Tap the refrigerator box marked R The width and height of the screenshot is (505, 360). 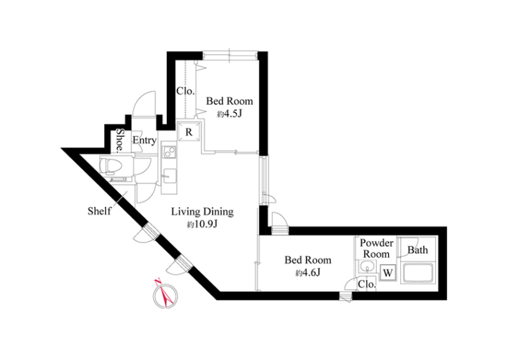189,132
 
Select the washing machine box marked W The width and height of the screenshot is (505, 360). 388,273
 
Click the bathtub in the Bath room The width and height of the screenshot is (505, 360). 417,274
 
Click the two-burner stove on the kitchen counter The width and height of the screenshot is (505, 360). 169,152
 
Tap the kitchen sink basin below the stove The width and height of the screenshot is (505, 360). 169,176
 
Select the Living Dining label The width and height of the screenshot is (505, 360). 202,212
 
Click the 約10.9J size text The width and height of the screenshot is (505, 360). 203,224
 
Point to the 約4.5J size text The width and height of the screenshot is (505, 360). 229,113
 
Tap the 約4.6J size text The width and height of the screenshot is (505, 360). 307,273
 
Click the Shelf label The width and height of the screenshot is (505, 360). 99,211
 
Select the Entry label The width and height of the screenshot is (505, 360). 144,141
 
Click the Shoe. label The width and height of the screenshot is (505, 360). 120,140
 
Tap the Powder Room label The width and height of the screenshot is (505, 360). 377,248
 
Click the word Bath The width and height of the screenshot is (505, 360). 417,250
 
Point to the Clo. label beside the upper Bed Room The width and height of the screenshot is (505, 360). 185,91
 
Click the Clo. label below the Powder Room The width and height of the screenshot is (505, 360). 367,285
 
